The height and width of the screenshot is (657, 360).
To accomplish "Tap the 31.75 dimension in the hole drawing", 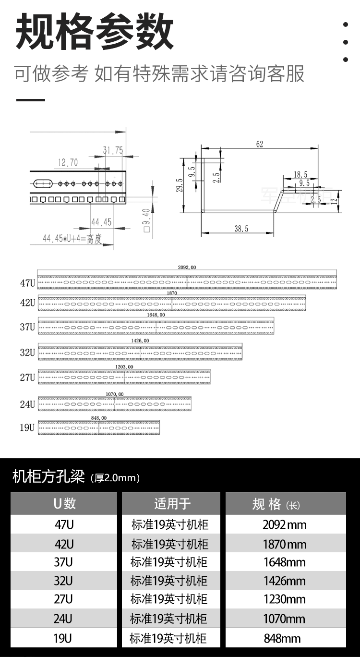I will pyautogui.click(x=112, y=150).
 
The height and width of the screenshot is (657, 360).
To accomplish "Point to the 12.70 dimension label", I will pyautogui.click(x=68, y=163).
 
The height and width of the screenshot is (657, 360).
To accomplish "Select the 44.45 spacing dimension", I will pyautogui.click(x=101, y=221).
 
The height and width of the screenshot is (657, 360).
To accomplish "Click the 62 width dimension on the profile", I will pyautogui.click(x=260, y=144).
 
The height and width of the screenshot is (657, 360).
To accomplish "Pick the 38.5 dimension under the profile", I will pyautogui.click(x=241, y=229).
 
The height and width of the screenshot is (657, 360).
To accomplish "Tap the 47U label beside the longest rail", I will pyautogui.click(x=27, y=283).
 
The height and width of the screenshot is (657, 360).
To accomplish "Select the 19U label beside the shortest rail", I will pyautogui.click(x=27, y=427).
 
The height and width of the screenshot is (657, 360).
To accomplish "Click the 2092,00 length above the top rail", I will pyautogui.click(x=187, y=268).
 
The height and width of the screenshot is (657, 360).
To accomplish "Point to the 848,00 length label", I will pyautogui.click(x=98, y=418).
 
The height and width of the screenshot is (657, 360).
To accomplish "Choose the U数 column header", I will pyautogui.click(x=64, y=503).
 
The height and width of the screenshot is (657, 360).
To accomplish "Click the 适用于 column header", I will pyautogui.click(x=172, y=503).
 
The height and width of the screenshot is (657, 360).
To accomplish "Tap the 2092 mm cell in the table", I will pyautogui.click(x=285, y=524).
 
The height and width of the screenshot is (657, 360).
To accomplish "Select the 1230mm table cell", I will pyautogui.click(x=285, y=599).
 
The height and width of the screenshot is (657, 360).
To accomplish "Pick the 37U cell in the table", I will pyautogui.click(x=64, y=562).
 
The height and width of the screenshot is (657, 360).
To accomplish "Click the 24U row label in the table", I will pyautogui.click(x=64, y=618).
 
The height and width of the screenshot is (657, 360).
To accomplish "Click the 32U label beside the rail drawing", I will pyautogui.click(x=27, y=353).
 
